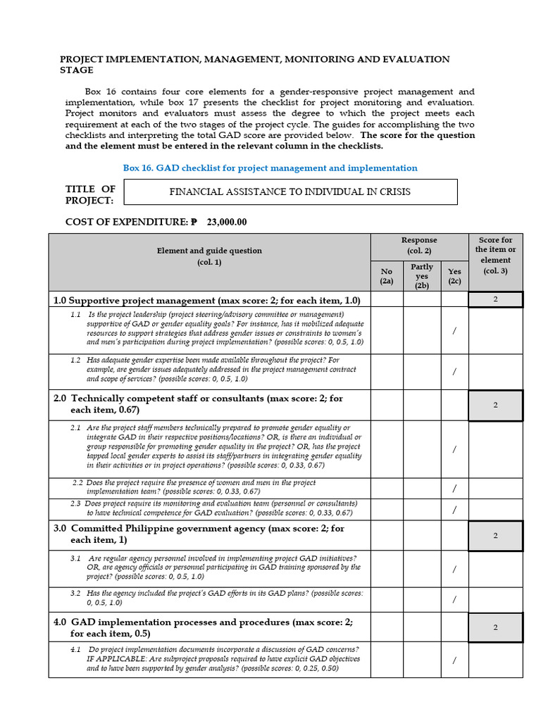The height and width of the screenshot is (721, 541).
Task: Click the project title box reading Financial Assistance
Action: point(290,192)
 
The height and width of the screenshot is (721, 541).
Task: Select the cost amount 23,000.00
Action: point(227,222)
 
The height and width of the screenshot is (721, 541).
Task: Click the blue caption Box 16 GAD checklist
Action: point(270,168)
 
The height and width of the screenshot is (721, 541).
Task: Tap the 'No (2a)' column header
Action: point(387,275)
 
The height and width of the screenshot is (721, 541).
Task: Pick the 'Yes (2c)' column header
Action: point(454,275)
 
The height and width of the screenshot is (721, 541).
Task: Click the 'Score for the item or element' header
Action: point(496,255)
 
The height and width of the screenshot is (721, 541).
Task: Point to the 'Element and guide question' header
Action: point(209,256)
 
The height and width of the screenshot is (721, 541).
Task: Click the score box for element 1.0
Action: point(496,300)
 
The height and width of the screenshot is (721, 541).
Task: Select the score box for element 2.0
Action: point(496,405)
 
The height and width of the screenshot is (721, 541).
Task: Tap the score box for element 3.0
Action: point(496,536)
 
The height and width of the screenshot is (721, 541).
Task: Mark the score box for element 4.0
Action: point(496,627)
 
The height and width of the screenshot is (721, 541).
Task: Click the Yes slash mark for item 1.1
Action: point(454,331)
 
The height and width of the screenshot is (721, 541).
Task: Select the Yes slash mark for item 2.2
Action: point(454,488)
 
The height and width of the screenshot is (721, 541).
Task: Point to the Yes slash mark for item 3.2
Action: point(454,599)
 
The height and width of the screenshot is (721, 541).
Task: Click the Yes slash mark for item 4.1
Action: point(454,660)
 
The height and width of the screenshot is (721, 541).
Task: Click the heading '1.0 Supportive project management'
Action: point(206,300)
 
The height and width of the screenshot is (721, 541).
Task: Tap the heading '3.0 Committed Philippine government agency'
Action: point(199,534)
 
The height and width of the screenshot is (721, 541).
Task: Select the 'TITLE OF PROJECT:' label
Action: point(90,194)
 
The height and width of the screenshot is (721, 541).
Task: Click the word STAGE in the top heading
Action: point(76,70)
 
